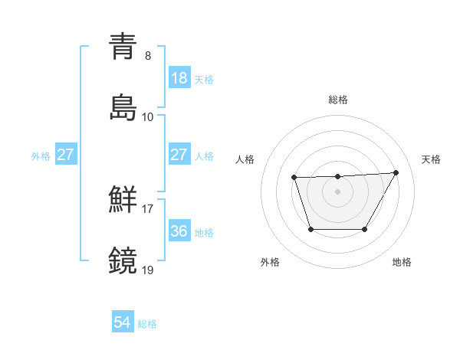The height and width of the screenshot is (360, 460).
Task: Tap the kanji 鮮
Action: (x=123, y=198)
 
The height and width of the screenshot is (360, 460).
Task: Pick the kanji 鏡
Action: (x=123, y=259)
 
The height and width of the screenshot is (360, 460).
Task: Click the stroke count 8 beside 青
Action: (x=148, y=56)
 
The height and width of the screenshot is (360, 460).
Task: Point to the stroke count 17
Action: (x=148, y=208)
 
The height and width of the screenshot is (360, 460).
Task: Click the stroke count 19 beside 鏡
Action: (x=148, y=269)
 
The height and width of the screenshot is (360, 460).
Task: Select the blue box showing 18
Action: (x=179, y=78)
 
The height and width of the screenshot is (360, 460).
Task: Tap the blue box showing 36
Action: (x=179, y=231)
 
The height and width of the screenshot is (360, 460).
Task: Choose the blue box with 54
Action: (x=123, y=323)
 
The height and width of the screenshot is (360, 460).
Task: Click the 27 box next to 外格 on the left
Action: (x=65, y=155)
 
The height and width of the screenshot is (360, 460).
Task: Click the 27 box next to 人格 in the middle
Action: (x=179, y=155)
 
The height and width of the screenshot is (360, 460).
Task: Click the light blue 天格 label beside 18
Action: (x=204, y=80)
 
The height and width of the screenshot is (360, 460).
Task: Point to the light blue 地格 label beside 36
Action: (x=204, y=232)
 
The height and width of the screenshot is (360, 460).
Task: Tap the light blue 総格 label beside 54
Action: (x=147, y=324)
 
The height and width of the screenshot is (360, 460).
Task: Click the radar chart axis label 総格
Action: (x=337, y=100)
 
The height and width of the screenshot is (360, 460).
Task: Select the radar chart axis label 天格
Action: (x=431, y=159)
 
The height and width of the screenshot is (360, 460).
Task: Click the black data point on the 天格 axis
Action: (x=396, y=172)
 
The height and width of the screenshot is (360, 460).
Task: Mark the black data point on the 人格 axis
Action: (x=294, y=178)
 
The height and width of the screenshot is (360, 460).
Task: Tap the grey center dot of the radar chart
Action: (x=337, y=191)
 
